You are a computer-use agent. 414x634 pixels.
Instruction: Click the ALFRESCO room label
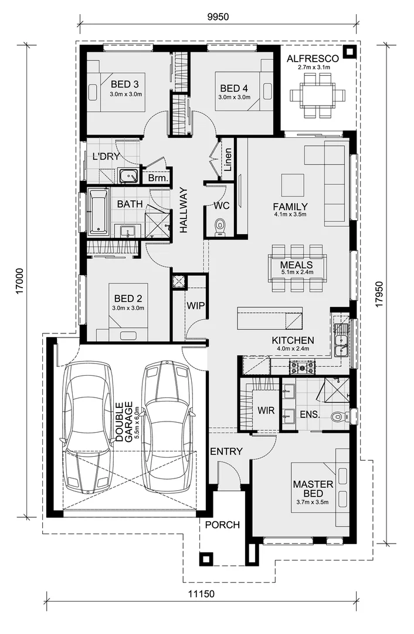point(313,59)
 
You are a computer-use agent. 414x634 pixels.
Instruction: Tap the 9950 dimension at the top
point(217,16)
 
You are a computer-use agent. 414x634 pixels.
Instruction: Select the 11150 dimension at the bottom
point(201,593)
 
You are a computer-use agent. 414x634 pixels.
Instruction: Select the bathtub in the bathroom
point(98,212)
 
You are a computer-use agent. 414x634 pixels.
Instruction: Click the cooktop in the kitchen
point(301,367)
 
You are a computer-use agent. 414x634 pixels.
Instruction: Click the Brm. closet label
point(158,177)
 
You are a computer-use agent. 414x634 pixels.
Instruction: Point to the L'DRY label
point(106,157)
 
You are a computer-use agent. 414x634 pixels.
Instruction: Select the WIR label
point(266,409)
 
